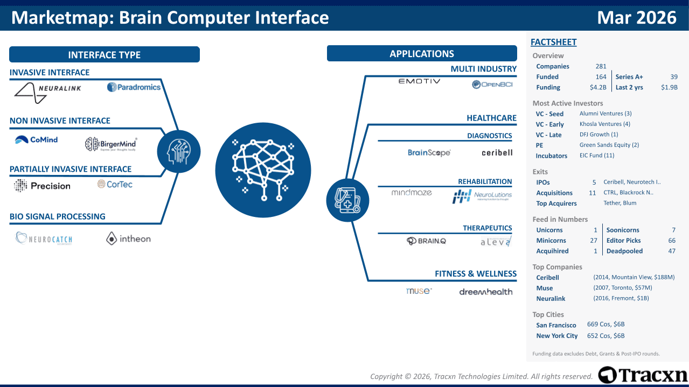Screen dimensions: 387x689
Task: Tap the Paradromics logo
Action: pos(134,87)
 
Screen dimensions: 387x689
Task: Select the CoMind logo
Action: pos(36,140)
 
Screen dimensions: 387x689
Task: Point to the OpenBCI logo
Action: pos(492,85)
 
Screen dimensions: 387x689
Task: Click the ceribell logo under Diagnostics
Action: pos(497,153)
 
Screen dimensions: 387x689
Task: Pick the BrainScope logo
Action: pos(429,153)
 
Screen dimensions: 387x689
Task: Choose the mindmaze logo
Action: pos(412,193)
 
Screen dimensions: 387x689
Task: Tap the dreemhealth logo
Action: pos(485,292)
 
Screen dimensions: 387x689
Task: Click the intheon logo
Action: pos(128,238)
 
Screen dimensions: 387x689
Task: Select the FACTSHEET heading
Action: pos(553,42)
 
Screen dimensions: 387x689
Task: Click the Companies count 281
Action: pos(601,66)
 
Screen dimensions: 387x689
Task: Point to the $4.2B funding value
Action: pos(598,87)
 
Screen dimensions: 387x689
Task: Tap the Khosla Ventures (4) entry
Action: pos(604,124)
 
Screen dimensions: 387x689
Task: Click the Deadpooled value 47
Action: pos(671,251)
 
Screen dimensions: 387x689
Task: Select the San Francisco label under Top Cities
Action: pos(556,325)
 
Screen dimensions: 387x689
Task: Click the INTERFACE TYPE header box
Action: pos(104,55)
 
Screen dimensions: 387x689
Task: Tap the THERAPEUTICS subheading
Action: pos(487,228)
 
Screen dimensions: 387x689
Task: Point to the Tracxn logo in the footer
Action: pos(643,375)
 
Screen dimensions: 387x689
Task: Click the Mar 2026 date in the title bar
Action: pos(636,18)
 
